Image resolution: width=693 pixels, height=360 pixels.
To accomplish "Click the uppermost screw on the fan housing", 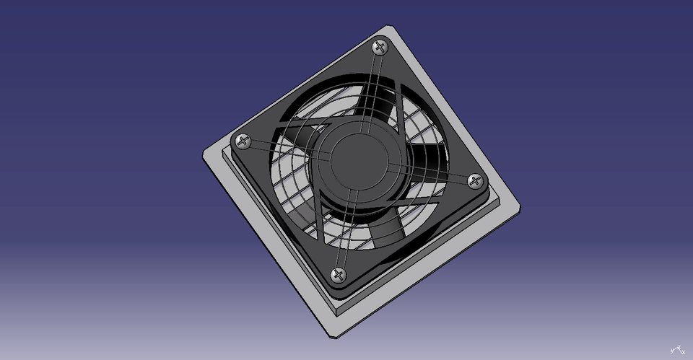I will (380, 48).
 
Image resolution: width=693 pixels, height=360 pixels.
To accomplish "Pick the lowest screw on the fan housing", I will (338, 274).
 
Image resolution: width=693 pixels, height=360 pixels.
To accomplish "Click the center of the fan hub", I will (359, 161).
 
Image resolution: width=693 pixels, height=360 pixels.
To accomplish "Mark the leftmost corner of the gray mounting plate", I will (202, 152).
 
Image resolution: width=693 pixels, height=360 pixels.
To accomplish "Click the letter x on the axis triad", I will (683, 351).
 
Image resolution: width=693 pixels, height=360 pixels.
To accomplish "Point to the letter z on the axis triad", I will (678, 347).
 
